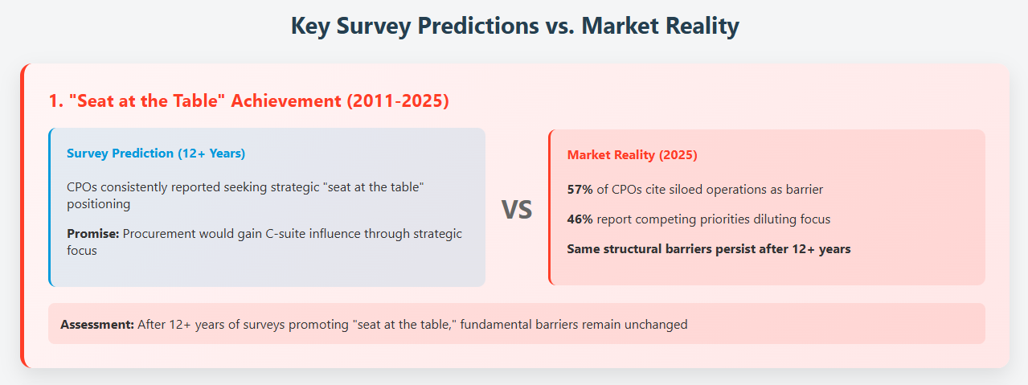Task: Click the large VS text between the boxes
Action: click(516, 210)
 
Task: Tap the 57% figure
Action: click(580, 190)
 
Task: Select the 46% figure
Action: click(580, 219)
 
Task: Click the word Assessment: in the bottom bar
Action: click(97, 325)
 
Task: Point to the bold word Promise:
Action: click(93, 234)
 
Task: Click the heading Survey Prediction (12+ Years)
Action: click(156, 154)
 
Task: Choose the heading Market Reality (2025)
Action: click(632, 155)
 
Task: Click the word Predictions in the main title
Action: click(477, 26)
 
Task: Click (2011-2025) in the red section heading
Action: click(397, 101)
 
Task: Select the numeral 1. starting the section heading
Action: click(56, 101)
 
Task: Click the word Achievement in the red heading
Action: click(286, 101)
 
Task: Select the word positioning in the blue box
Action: click(99, 204)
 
